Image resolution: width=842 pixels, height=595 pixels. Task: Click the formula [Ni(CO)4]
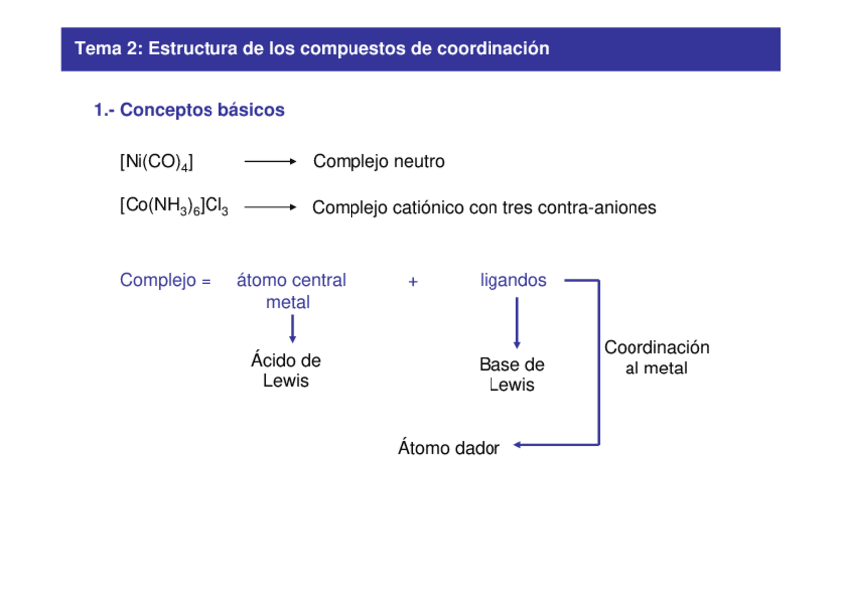click(156, 161)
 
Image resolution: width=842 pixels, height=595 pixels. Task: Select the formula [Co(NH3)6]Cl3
click(174, 207)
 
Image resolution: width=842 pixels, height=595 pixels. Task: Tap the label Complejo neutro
click(378, 161)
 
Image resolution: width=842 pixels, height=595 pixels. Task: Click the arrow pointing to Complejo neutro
click(270, 161)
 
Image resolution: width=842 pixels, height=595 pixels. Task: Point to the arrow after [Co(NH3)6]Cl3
click(270, 207)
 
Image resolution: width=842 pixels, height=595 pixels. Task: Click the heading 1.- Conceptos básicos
click(189, 110)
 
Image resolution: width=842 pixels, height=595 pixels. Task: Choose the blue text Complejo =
click(166, 281)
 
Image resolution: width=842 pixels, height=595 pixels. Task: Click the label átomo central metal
click(290, 291)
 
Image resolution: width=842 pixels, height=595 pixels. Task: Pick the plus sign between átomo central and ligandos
click(413, 282)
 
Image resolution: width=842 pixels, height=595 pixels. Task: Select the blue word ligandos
click(512, 281)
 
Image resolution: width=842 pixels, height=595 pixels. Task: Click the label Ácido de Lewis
click(286, 371)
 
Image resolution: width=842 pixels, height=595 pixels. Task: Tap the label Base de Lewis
click(511, 374)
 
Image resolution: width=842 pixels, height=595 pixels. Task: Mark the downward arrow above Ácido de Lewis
click(292, 328)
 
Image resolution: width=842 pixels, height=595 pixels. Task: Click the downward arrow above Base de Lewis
click(516, 325)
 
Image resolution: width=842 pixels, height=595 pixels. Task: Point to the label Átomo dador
click(448, 448)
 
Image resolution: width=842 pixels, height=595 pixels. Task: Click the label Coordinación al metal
click(656, 358)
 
